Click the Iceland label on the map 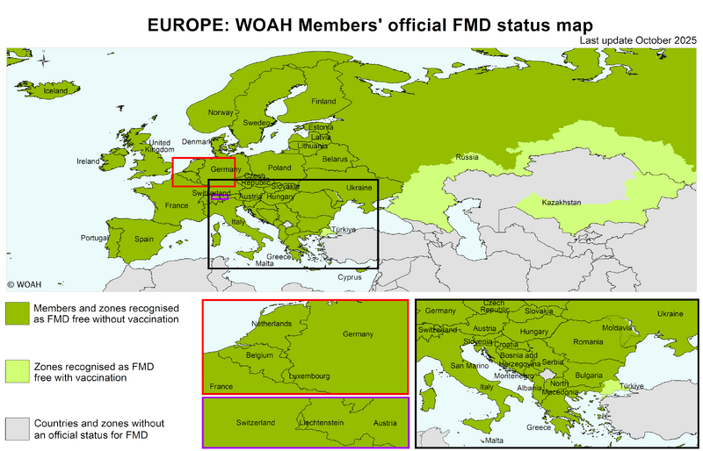click(55, 90)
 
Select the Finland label click(323, 101)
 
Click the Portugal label click(94, 238)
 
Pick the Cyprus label click(349, 276)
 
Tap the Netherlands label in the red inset click(272, 324)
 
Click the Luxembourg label click(308, 376)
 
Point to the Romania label click(589, 341)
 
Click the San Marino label click(467, 365)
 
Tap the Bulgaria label click(588, 374)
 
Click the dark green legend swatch click(16, 313)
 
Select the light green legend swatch click(16, 370)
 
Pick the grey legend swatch click(16, 427)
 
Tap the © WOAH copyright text click(24, 284)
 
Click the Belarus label click(335, 159)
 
